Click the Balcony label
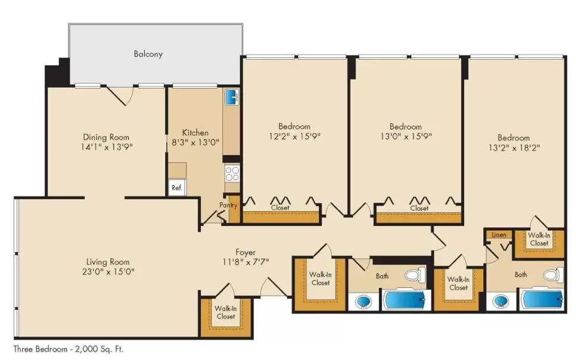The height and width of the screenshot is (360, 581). [x=148, y=54]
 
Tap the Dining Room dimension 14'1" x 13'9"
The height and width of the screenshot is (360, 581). [x=106, y=147]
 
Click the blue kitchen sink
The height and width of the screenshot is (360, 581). [x=232, y=96]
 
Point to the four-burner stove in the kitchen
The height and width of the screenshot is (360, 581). [x=232, y=173]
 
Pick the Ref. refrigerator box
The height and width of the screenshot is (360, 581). [x=176, y=187]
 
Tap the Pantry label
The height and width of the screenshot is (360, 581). [x=228, y=205]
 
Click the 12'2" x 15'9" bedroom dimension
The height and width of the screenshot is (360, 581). [x=294, y=136]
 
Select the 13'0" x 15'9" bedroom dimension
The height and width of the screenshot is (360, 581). [x=405, y=136]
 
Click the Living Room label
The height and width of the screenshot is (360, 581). [x=107, y=262]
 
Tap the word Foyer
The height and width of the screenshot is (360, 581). [x=245, y=252]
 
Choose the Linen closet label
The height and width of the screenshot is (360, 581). [x=499, y=235]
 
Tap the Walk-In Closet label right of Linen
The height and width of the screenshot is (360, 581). [x=539, y=239]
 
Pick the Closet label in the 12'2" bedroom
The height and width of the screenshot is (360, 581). [x=280, y=208]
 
